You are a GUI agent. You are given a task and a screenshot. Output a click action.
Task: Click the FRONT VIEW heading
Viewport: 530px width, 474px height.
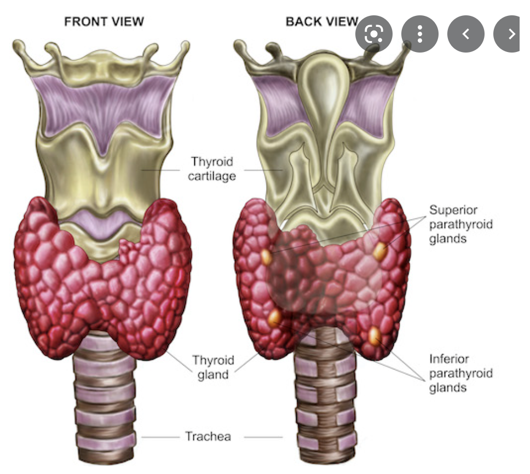click(104, 22)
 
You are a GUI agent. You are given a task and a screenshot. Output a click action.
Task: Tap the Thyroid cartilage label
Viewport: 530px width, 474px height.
click(212, 169)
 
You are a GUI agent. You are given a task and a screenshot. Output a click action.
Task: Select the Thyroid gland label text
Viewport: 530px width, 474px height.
click(213, 367)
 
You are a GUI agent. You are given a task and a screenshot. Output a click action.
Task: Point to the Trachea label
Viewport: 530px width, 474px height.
click(208, 436)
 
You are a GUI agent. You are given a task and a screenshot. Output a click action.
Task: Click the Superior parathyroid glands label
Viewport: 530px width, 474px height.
click(461, 224)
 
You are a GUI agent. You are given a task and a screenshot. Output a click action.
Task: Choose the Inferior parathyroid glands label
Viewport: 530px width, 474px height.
click(461, 373)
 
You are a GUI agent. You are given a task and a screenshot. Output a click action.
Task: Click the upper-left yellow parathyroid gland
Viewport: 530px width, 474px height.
click(267, 257)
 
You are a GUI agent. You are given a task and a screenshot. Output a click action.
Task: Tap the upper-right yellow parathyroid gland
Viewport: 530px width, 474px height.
click(380, 251)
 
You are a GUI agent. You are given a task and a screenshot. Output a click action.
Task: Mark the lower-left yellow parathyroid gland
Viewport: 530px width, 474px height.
click(275, 317)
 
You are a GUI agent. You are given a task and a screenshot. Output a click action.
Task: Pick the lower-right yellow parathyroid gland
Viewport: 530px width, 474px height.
click(375, 335)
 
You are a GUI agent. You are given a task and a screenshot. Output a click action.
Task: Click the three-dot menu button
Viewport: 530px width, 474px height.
click(420, 34)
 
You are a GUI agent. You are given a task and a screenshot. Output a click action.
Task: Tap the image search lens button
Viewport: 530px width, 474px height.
click(374, 34)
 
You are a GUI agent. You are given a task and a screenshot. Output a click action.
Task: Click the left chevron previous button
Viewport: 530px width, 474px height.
click(466, 34)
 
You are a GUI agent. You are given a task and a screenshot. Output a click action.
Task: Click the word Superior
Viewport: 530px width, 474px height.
click(453, 210)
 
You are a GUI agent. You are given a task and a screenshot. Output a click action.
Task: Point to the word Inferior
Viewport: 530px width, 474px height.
click(449, 359)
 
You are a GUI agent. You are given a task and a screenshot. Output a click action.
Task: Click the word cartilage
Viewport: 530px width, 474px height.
click(212, 176)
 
